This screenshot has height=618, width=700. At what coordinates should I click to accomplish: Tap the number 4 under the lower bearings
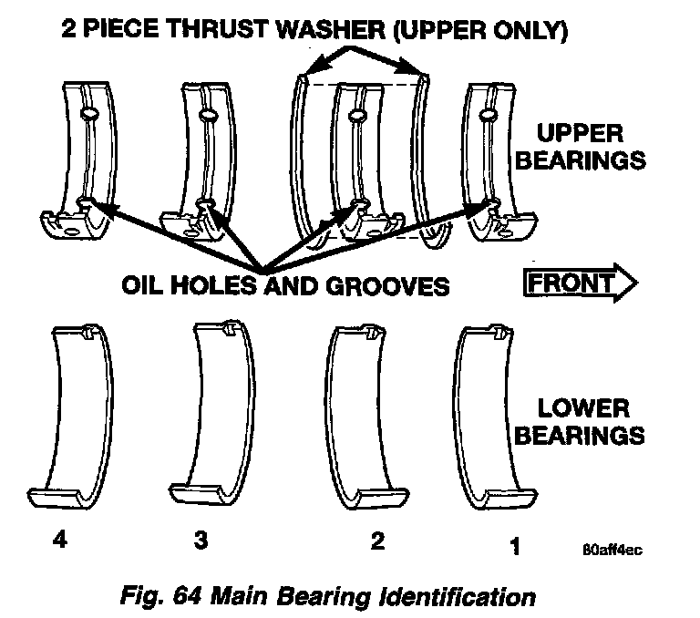click(59, 541)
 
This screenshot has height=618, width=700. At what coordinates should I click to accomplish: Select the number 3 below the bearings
click(201, 541)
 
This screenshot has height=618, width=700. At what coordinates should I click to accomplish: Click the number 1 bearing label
click(515, 546)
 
